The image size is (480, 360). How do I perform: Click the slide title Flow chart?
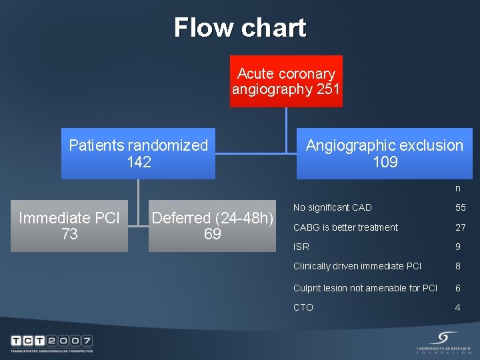click(240, 28)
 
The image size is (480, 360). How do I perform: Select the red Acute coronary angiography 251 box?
click(286, 81)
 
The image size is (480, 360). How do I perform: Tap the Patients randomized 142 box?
click(139, 153)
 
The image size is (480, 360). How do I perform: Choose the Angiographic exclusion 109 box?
click(384, 153)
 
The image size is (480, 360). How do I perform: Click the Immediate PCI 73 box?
click(69, 226)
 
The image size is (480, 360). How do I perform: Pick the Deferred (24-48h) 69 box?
click(212, 226)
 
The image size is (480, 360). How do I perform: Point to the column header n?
click(458, 189)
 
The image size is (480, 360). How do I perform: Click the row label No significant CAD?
click(333, 208)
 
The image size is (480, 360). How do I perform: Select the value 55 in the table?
click(460, 208)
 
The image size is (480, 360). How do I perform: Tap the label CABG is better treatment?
click(345, 227)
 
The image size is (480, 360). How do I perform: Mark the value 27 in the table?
click(460, 227)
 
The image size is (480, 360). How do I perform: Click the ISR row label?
click(301, 247)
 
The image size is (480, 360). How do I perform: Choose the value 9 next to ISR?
click(458, 247)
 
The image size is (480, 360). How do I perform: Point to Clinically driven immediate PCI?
click(357, 266)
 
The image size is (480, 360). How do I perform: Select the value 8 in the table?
click(458, 266)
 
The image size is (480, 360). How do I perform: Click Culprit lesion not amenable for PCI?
click(365, 288)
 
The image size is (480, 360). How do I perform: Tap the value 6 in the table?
click(458, 288)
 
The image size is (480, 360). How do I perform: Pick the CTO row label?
click(303, 307)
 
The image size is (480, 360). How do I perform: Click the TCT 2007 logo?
click(51, 343)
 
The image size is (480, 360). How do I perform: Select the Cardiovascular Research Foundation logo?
click(443, 343)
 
